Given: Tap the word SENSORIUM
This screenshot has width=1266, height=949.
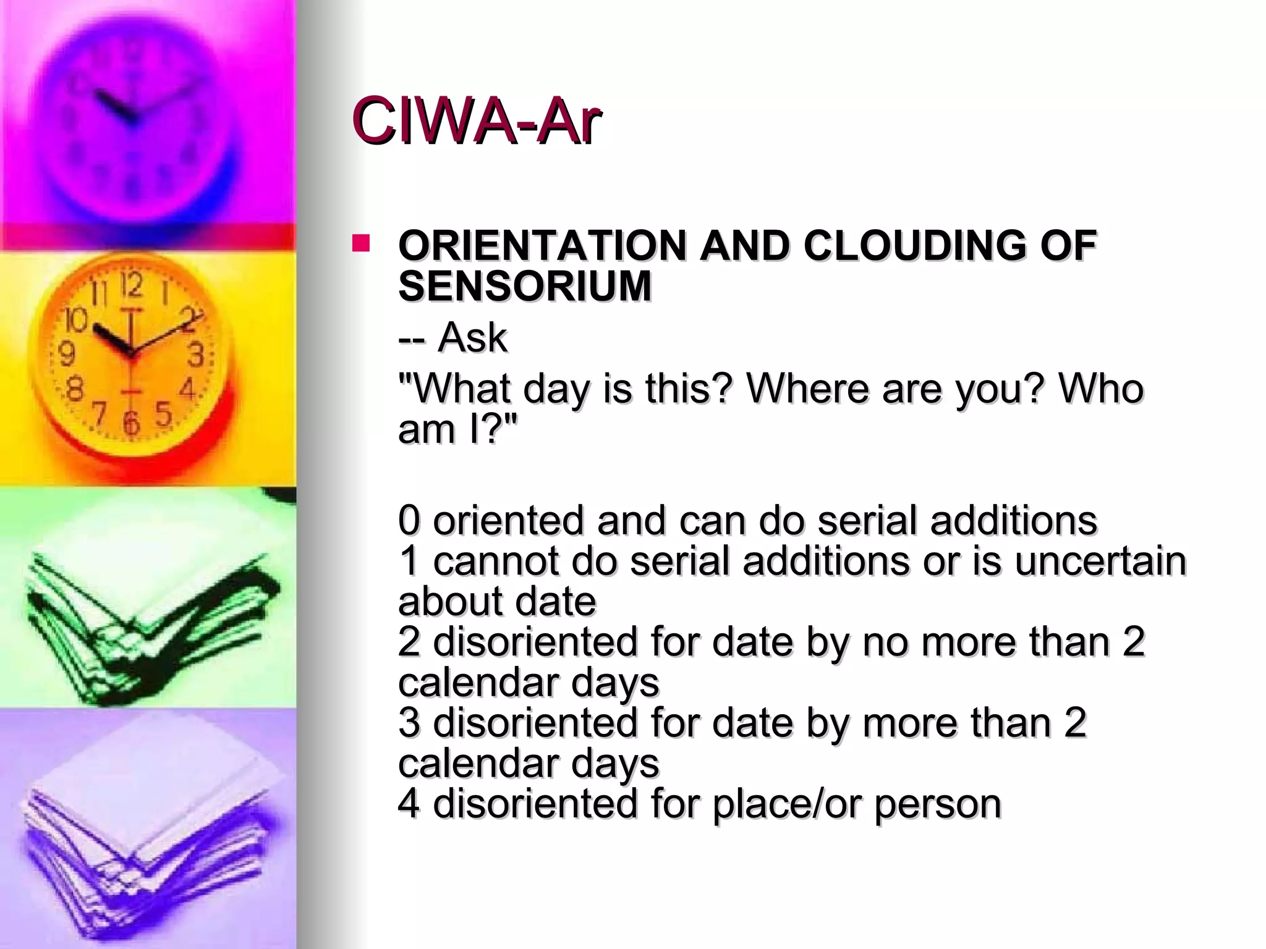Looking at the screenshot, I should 525,286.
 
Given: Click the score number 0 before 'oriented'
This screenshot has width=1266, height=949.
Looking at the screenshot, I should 409,520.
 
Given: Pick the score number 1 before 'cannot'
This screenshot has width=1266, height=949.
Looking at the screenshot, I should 409,561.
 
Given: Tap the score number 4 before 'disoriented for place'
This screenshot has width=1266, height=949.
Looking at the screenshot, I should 409,804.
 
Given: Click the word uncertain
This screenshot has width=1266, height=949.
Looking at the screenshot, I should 1100,561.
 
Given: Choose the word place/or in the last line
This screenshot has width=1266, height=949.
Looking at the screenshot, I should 787,804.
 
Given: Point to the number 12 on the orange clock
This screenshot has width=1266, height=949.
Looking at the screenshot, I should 131,285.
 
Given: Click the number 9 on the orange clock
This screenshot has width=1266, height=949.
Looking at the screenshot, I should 66,354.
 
